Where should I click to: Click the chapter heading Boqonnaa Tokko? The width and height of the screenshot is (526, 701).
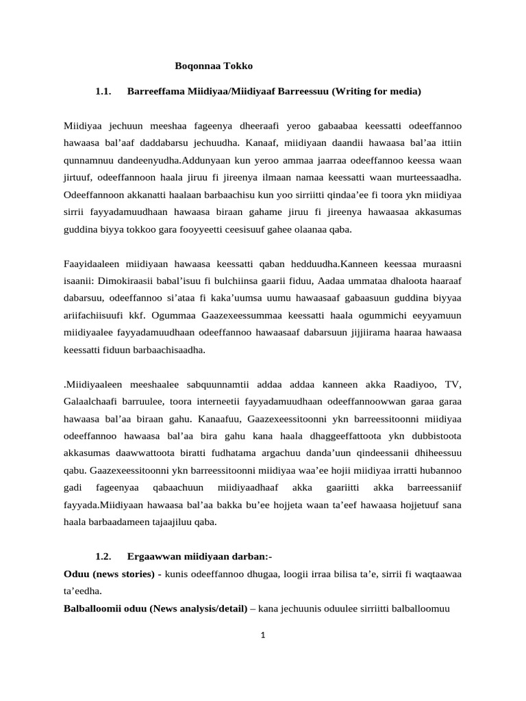214,66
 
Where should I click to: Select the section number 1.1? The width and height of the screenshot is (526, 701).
103,91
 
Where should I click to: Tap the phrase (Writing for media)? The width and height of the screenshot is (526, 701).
376,91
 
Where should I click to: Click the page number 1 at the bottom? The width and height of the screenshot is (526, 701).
262,635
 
